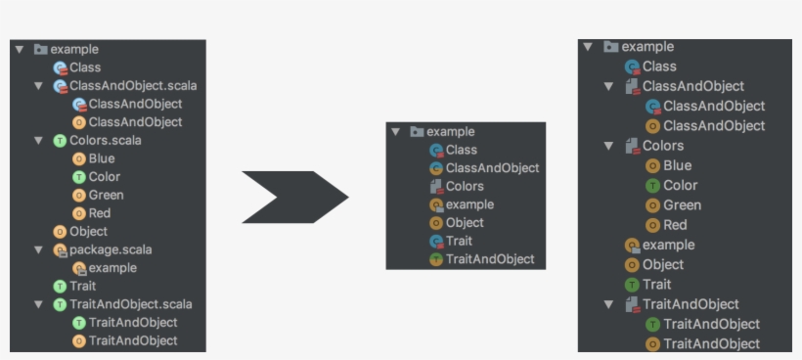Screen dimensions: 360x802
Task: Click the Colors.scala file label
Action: pos(105,140)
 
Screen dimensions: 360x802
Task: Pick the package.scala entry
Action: pos(110,249)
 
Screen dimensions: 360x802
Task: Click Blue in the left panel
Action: pos(101,158)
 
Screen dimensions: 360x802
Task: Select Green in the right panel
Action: pos(682,205)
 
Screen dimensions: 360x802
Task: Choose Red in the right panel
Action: pos(675,225)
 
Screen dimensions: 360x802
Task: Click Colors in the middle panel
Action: pos(465,186)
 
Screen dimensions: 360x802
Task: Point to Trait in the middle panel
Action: pos(459,241)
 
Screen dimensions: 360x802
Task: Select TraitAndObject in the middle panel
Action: pos(490,259)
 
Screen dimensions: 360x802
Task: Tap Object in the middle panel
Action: pos(465,222)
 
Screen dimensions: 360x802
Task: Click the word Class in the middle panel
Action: pos(462,150)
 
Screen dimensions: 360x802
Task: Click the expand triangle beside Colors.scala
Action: pos(37,140)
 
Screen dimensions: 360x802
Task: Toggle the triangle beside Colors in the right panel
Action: pos(608,146)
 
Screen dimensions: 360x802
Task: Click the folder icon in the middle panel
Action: pos(417,132)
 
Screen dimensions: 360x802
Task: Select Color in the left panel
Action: pos(104,176)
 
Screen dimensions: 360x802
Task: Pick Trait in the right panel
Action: pos(656,285)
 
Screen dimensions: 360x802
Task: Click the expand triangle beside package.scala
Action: pos(37,249)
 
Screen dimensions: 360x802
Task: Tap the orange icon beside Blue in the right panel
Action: pos(652,165)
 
